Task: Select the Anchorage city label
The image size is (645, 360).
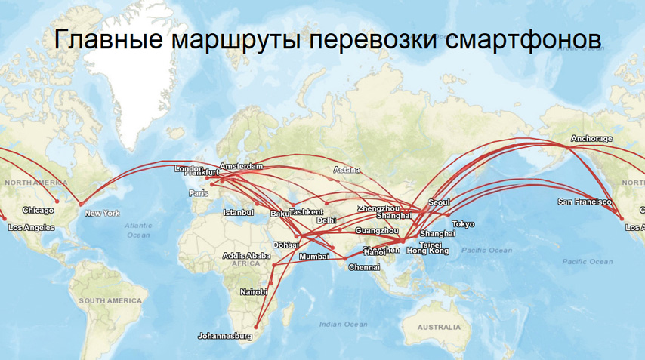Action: click(591, 139)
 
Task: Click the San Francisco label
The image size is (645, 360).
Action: click(584, 202)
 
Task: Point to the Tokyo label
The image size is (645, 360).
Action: click(463, 224)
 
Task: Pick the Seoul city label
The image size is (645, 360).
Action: click(439, 202)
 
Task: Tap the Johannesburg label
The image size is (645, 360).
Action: click(224, 335)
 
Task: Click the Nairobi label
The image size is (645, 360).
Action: click(254, 291)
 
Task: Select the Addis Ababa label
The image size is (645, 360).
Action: click(247, 256)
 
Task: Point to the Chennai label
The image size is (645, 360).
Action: click(363, 267)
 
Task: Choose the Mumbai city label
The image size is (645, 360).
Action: click(314, 257)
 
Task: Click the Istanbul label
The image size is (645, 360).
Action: click(238, 213)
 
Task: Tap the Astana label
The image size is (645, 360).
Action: click(347, 170)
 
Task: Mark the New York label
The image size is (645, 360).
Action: click(102, 213)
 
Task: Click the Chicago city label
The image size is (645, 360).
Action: click(38, 211)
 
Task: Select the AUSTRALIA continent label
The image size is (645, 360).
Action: click(438, 328)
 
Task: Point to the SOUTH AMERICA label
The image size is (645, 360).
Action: click(110, 300)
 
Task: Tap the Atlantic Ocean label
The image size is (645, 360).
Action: click(138, 230)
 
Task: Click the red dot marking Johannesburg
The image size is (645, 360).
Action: click(256, 327)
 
